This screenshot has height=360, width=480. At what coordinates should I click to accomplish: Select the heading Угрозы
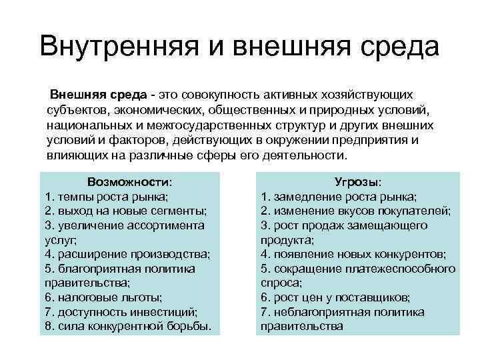point(358,182)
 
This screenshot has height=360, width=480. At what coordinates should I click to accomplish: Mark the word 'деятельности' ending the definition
point(309,155)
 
